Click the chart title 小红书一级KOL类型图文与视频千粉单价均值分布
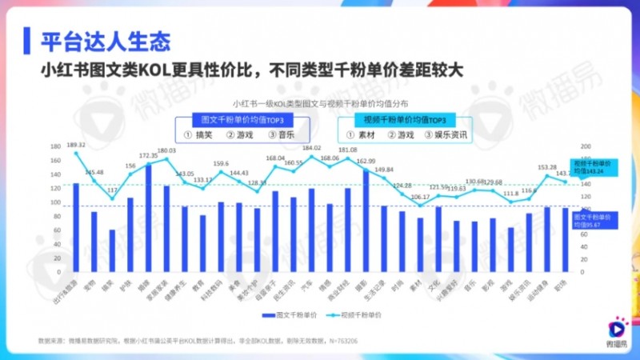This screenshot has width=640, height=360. (x=320, y=103)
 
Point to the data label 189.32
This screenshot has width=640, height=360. (x=77, y=145)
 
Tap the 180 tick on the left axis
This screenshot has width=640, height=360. (x=55, y=146)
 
